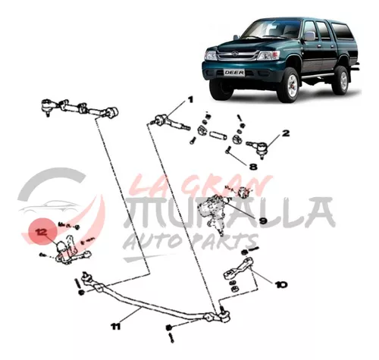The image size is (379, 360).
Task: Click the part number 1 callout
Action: click(189, 99)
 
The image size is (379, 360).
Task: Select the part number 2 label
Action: click(286, 133)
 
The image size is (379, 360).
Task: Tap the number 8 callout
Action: click(253, 167)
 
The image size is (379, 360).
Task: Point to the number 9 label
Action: click(263, 221)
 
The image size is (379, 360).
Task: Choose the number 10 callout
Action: click(280, 285)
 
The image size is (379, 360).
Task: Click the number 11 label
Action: click(115, 327)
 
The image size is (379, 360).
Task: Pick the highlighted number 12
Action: click(41, 232)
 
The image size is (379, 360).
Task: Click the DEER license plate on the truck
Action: click(234, 73)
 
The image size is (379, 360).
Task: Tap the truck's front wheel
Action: click(288, 84)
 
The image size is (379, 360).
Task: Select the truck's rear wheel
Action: click(340, 80)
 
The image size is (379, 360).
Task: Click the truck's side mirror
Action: click(309, 36)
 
